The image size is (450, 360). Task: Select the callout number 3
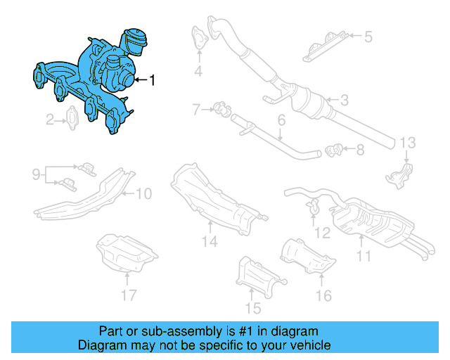(344, 102)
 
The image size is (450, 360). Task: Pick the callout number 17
(127, 295)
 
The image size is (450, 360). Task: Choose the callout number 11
(363, 257)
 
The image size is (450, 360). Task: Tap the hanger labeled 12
(314, 206)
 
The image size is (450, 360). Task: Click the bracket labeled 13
(401, 174)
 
